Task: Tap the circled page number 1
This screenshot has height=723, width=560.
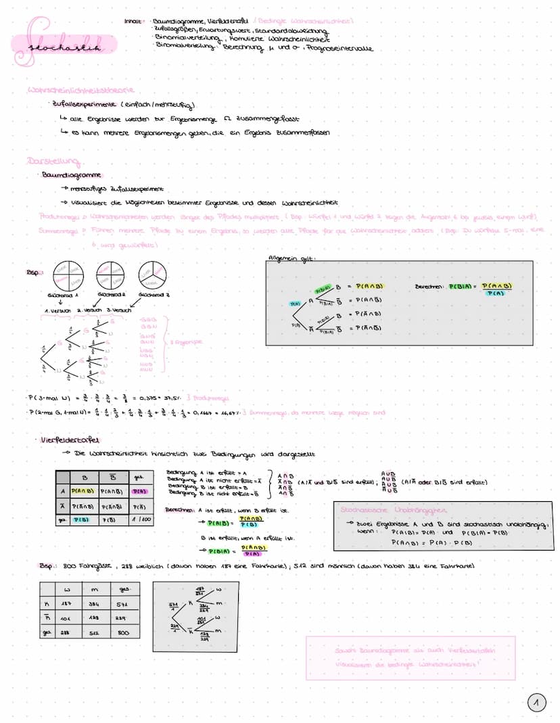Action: pyautogui.click(x=536, y=703)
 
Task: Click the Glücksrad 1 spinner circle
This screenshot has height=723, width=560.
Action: pyautogui.click(x=62, y=276)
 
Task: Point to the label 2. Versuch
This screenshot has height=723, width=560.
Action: pyautogui.click(x=88, y=310)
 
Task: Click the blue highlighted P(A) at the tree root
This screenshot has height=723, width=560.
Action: pyautogui.click(x=296, y=303)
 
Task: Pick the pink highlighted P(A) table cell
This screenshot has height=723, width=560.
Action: pyautogui.click(x=139, y=492)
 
